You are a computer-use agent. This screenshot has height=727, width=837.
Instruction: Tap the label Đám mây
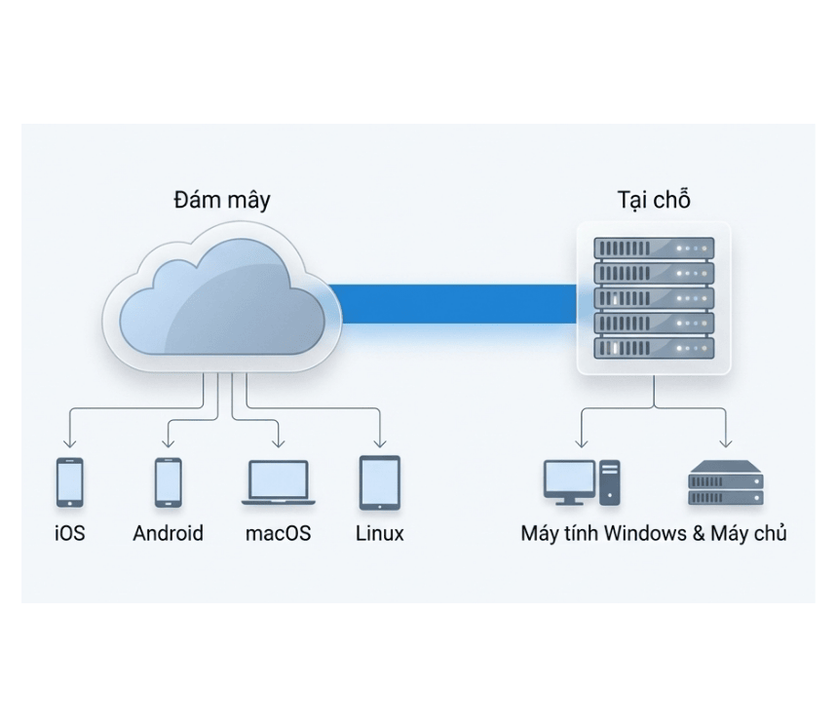[x=222, y=201]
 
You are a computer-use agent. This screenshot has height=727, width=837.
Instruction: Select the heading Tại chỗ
[x=654, y=200]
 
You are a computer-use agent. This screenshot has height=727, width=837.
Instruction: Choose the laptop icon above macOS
[x=279, y=483]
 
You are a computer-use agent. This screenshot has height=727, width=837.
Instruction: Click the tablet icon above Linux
[x=380, y=483]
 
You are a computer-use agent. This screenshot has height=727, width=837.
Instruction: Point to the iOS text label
[x=70, y=534]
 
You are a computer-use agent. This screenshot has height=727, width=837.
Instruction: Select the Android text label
[x=169, y=534]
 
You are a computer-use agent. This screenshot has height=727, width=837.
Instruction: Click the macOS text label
[x=279, y=534]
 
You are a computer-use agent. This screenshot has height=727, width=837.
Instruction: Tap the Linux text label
[x=380, y=534]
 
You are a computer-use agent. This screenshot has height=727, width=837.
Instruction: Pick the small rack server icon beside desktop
[x=725, y=483]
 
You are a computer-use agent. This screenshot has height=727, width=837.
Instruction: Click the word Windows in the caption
[x=645, y=534]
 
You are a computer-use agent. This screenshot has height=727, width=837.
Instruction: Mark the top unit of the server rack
[x=654, y=248]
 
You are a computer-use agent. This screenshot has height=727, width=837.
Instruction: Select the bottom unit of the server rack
[x=654, y=348]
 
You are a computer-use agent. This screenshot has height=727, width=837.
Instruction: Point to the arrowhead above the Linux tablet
[x=380, y=443]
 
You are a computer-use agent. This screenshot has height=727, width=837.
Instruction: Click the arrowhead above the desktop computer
[x=582, y=443]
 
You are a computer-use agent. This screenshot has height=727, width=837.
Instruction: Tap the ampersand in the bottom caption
[x=698, y=534]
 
